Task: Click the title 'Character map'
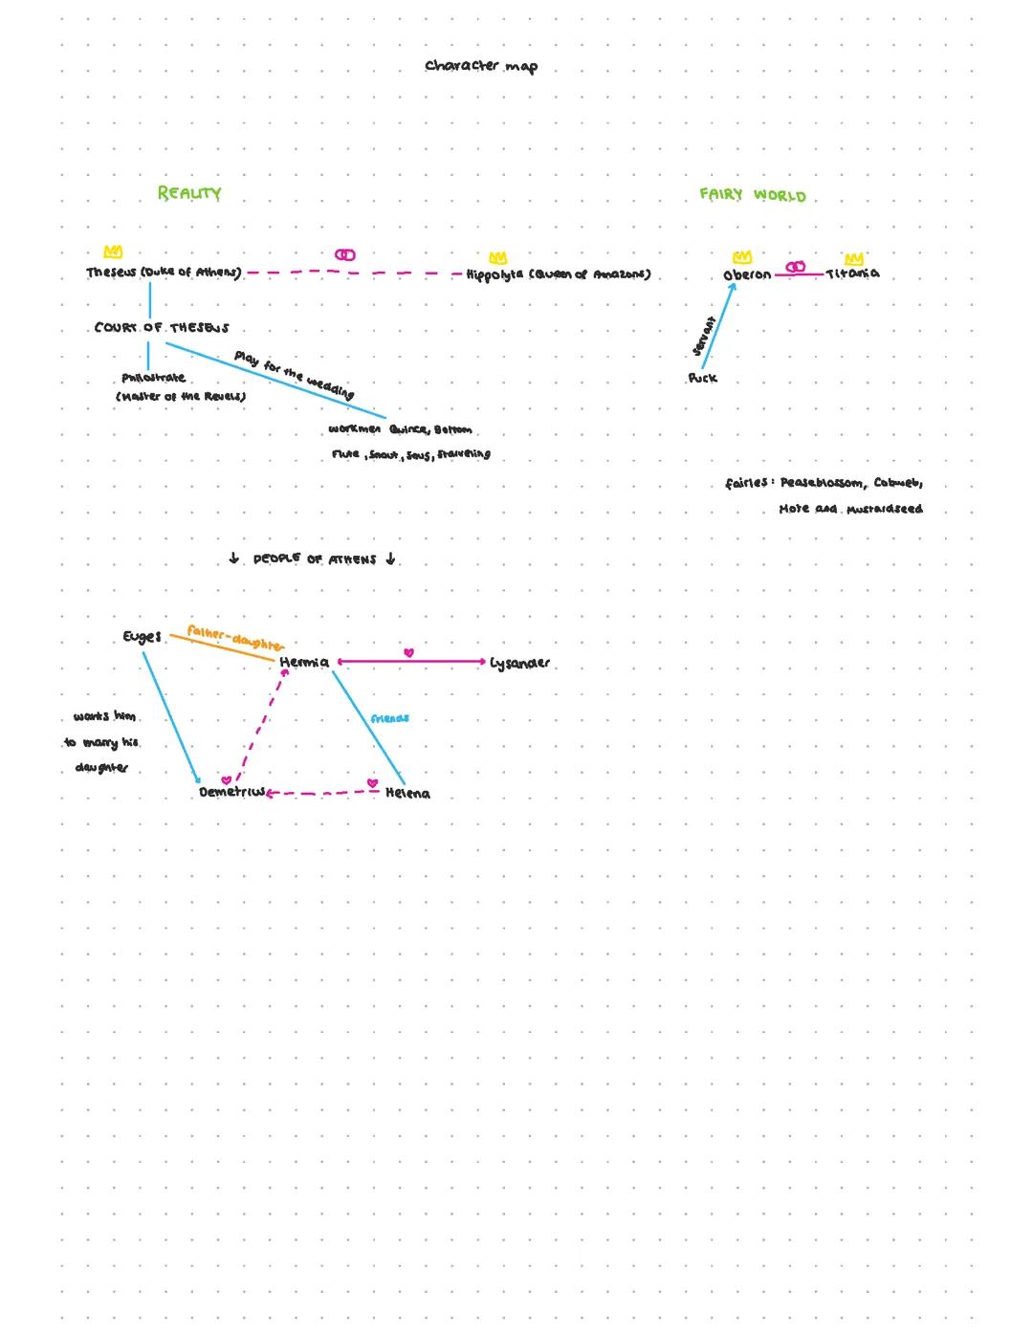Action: click(481, 66)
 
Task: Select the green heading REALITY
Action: click(189, 193)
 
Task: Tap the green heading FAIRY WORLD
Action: click(753, 195)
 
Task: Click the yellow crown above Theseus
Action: click(113, 252)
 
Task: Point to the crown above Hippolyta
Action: click(498, 258)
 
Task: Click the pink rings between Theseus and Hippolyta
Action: click(345, 255)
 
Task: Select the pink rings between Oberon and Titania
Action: click(796, 267)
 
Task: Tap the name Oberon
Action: click(747, 274)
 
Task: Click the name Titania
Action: click(852, 274)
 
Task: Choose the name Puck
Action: click(702, 379)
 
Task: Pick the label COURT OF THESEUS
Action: click(162, 328)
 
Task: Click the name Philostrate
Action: click(154, 379)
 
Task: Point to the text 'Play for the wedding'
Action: click(294, 374)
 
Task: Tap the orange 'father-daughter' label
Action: click(235, 637)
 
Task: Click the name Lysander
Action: click(519, 663)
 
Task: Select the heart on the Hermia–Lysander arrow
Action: click(409, 653)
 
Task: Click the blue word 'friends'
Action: click(389, 718)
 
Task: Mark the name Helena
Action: click(407, 794)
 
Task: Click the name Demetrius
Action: click(232, 793)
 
